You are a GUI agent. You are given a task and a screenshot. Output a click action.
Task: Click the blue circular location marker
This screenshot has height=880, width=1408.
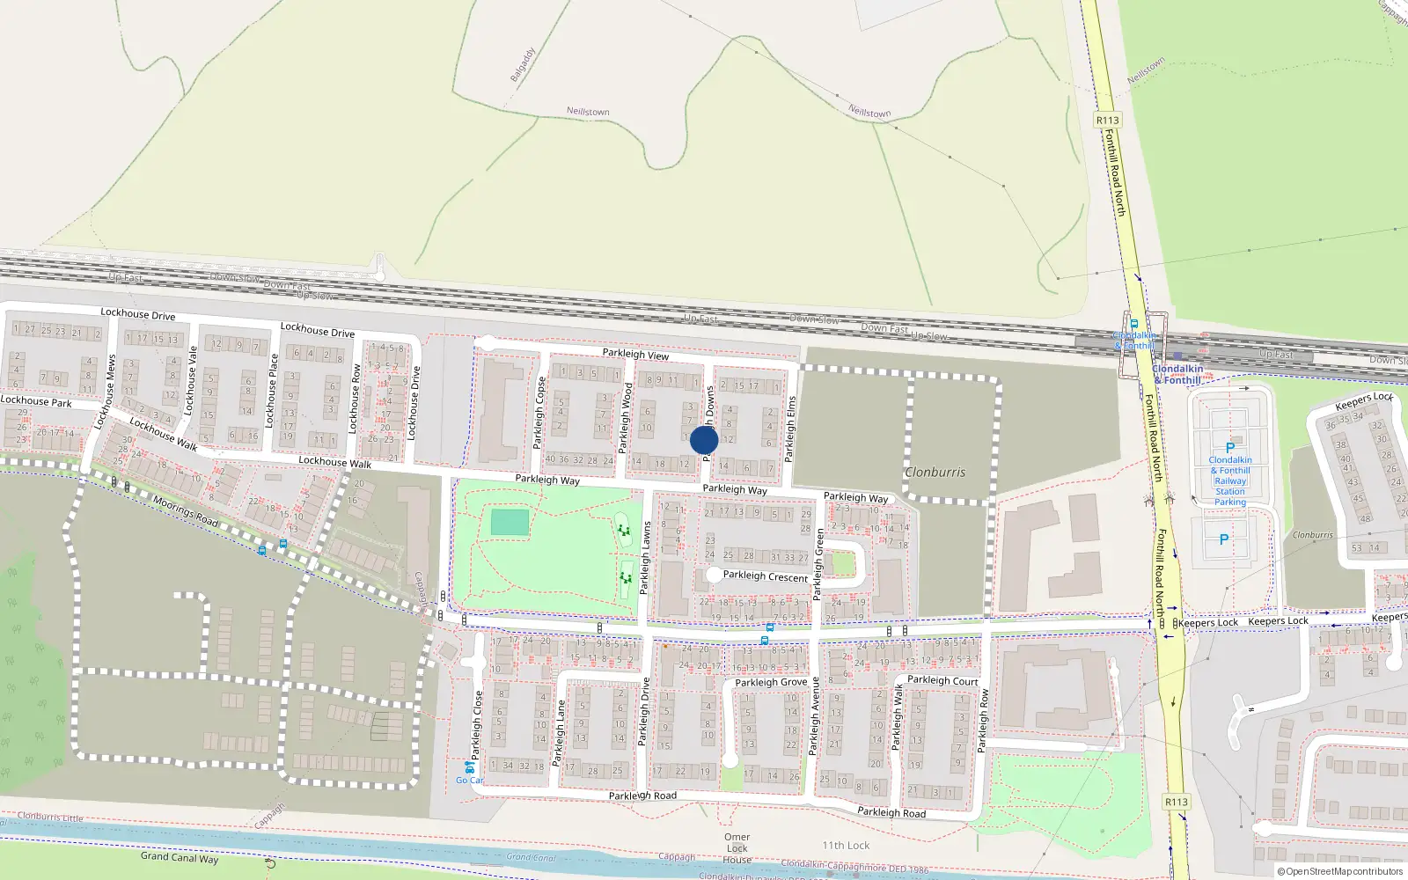pyautogui.click(x=704, y=440)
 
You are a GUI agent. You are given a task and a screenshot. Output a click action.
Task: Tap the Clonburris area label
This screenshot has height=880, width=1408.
pyautogui.click(x=935, y=473)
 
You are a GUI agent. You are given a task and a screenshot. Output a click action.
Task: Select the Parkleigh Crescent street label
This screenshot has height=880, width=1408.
pyautogui.click(x=765, y=576)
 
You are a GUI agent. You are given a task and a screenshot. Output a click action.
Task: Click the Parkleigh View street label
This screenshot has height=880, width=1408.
pyautogui.click(x=635, y=354)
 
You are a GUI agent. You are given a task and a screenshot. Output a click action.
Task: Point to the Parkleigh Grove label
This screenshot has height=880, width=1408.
pyautogui.click(x=771, y=682)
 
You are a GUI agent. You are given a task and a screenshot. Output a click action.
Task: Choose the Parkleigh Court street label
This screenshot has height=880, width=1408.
pyautogui.click(x=942, y=680)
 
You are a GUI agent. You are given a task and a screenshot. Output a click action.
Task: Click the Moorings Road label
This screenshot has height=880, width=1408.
pyautogui.click(x=186, y=511)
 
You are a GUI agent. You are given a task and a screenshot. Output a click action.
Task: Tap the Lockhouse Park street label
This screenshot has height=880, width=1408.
pyautogui.click(x=36, y=401)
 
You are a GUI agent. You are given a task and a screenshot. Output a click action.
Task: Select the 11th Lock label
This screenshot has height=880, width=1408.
pyautogui.click(x=846, y=846)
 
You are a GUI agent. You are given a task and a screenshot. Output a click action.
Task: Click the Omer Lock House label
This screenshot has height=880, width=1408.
pyautogui.click(x=737, y=848)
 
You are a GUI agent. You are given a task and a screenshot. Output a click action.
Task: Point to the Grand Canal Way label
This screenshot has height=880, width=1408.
pyautogui.click(x=180, y=857)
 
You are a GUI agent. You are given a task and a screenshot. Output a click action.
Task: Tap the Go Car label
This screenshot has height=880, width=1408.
pyautogui.click(x=469, y=781)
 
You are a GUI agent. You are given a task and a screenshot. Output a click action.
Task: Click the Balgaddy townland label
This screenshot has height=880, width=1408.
pyautogui.click(x=523, y=65)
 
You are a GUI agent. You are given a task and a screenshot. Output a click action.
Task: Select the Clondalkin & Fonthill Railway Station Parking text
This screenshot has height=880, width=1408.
pyautogui.click(x=1230, y=480)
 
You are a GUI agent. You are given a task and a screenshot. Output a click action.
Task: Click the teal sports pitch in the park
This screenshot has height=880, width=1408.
pyautogui.click(x=510, y=523)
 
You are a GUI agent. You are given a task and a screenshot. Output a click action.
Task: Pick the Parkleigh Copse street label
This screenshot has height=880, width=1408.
pyautogui.click(x=539, y=413)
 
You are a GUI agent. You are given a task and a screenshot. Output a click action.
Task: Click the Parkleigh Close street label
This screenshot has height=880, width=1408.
pyautogui.click(x=477, y=725)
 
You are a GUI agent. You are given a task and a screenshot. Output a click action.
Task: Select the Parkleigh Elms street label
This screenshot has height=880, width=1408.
pyautogui.click(x=790, y=429)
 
